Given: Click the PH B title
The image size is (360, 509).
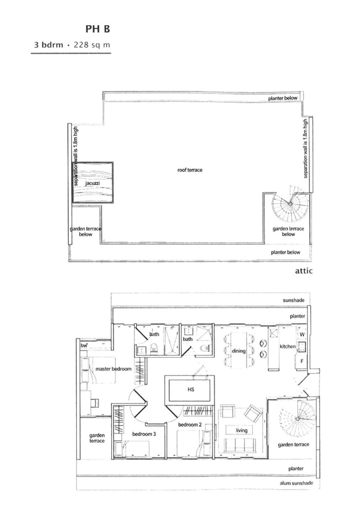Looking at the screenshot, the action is click(x=98, y=29).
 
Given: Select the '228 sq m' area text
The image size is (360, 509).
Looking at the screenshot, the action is click(x=92, y=45).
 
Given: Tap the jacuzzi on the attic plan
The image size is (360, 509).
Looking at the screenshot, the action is click(x=92, y=182).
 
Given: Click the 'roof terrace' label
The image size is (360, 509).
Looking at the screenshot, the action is click(x=190, y=170).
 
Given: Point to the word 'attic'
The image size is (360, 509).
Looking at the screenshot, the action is click(x=304, y=271).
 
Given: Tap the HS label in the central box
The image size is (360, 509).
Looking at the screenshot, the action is click(x=191, y=389).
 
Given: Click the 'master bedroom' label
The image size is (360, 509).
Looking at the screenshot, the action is click(x=113, y=369).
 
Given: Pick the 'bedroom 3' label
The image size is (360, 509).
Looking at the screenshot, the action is click(x=144, y=434).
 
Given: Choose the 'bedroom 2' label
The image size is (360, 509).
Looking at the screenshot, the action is click(x=190, y=425).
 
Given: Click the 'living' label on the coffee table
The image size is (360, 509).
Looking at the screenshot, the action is click(x=242, y=430).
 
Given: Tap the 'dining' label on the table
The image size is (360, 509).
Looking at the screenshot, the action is click(x=238, y=351).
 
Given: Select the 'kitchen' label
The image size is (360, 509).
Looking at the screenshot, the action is click(x=288, y=347).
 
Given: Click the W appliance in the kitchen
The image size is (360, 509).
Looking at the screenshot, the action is click(x=302, y=335).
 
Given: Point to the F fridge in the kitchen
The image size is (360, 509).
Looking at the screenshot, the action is click(x=302, y=361).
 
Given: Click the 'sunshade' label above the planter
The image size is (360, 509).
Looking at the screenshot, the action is click(x=294, y=300).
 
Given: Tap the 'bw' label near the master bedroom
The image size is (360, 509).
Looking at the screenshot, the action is click(x=84, y=345).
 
